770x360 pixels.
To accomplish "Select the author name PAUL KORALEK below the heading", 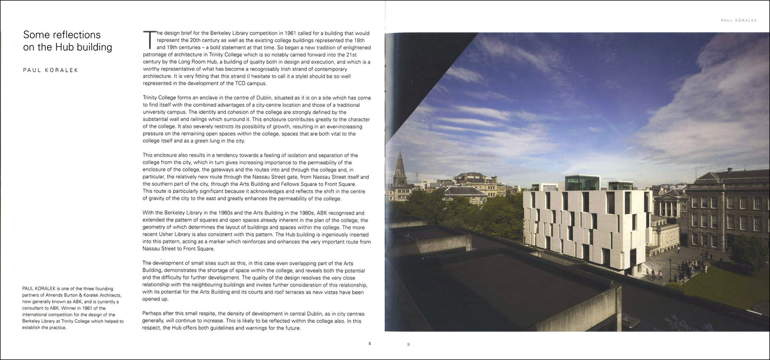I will pos(51,70).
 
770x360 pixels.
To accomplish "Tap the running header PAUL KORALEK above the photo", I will pos(739,20).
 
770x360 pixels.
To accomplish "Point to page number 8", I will pos(370,343).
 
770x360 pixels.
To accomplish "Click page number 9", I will pos(408,345).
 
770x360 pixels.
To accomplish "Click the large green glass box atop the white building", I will pos(582,183).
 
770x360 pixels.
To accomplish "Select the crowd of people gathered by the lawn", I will pos(693,266).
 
